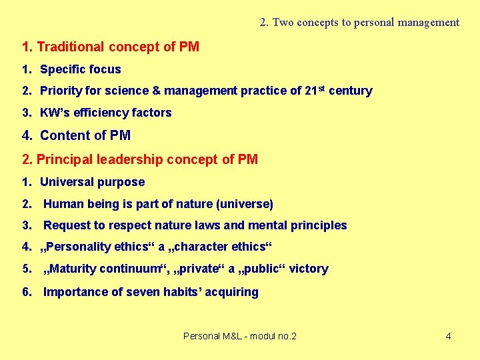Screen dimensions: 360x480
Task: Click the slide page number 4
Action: [x=448, y=336]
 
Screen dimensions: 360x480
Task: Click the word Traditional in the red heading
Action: [x=71, y=47]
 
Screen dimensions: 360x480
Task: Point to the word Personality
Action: [x=79, y=247]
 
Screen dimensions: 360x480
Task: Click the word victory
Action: [x=309, y=269]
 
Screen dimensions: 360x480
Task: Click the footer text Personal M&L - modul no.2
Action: [x=240, y=336]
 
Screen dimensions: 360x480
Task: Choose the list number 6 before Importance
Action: [x=26, y=292]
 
